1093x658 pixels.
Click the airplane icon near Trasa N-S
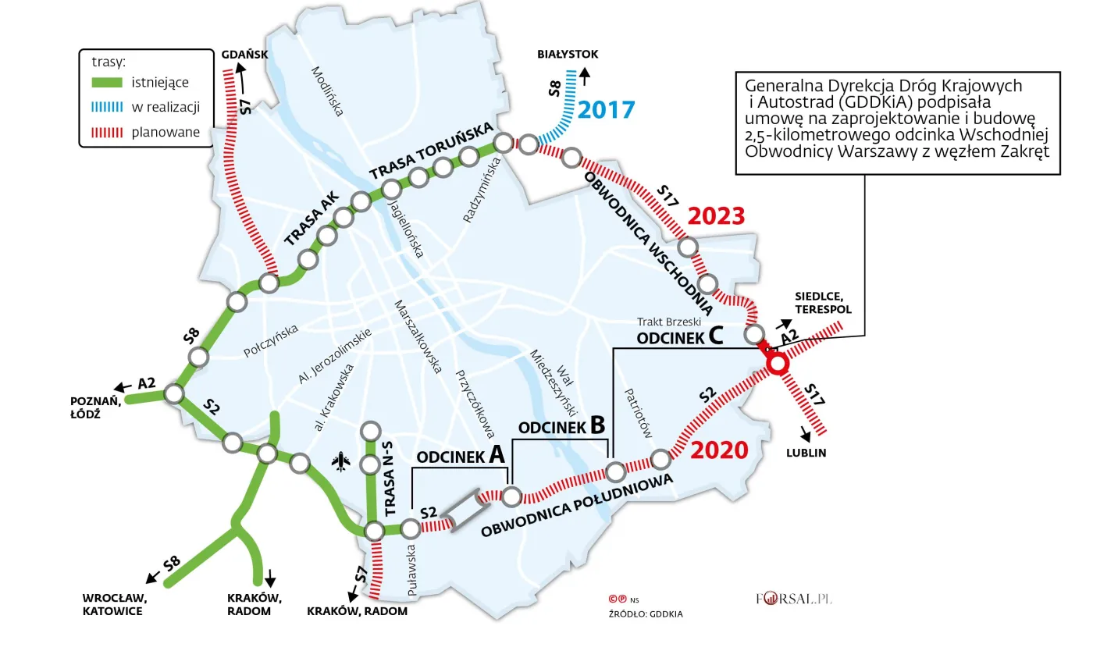coord(340,462)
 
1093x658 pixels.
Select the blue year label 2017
coord(608,110)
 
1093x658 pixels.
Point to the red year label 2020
coord(720,450)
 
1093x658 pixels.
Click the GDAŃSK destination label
coord(244,55)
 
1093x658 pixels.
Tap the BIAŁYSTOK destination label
coord(568,55)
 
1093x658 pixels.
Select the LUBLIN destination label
coord(806,453)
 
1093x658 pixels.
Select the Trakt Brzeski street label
coord(669,321)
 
